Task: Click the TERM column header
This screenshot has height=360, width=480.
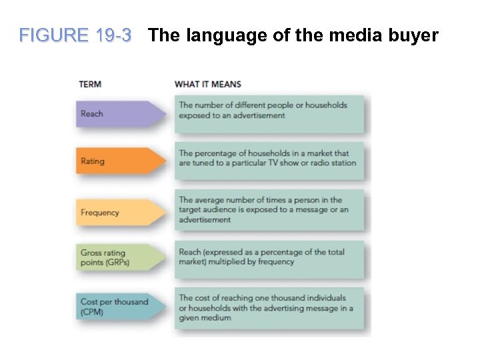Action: [x=90, y=85]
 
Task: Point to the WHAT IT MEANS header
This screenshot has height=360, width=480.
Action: [x=208, y=85]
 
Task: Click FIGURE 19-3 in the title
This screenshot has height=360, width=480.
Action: [x=75, y=35]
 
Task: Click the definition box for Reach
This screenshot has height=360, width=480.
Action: [x=269, y=113]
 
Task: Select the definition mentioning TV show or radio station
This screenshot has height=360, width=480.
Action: [x=269, y=161]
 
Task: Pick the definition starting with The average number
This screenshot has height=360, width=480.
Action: [x=269, y=209]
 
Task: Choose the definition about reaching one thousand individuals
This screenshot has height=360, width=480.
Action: [x=269, y=307]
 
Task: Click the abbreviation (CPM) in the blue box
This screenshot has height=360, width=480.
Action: [x=92, y=312]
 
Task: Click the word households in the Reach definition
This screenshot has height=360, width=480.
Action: [x=325, y=105]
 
